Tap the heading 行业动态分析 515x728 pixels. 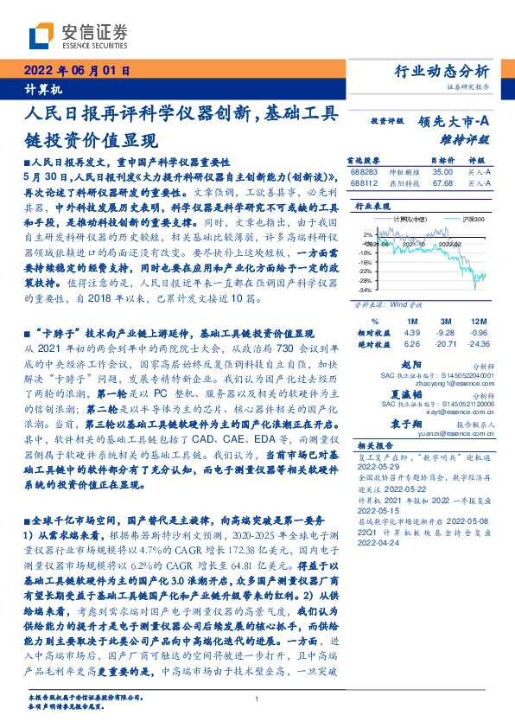click(447, 71)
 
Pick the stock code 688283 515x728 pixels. click(363, 173)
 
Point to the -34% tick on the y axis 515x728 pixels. click(366, 290)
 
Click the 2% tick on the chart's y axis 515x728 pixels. click(368, 233)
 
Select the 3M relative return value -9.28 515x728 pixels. click(445, 332)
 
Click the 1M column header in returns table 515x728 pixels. click(411, 321)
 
